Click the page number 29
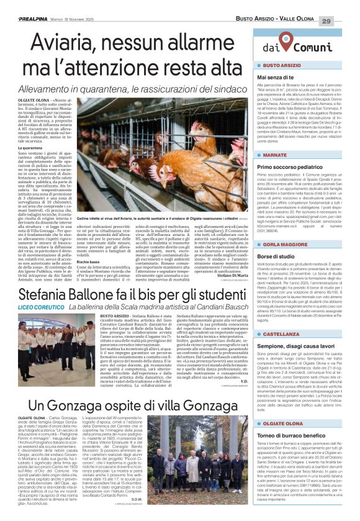pos(344,21)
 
